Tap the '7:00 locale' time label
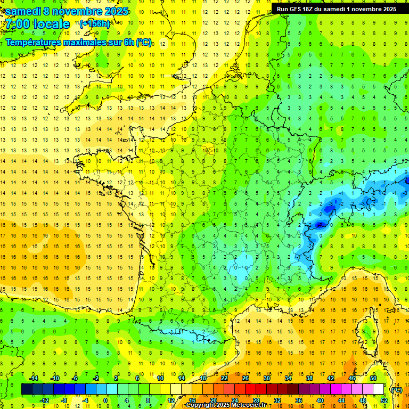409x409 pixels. click(37, 24)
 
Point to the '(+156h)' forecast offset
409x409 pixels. click(94, 23)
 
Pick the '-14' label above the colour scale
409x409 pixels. click(34, 378)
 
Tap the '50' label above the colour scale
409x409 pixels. click(373, 378)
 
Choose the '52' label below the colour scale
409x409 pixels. click(384, 400)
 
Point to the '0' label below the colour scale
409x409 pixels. click(106, 400)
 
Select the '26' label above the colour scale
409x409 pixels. click(246, 378)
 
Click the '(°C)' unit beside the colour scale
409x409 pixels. click(396, 390)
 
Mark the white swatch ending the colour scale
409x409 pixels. click(378, 389)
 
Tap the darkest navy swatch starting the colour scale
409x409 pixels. click(27, 389)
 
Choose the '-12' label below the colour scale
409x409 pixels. click(45, 400)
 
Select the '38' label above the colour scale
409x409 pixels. click(309, 378)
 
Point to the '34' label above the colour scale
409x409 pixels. click(288, 378)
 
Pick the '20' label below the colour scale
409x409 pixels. click(213, 400)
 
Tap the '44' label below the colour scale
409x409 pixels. click(341, 400)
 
